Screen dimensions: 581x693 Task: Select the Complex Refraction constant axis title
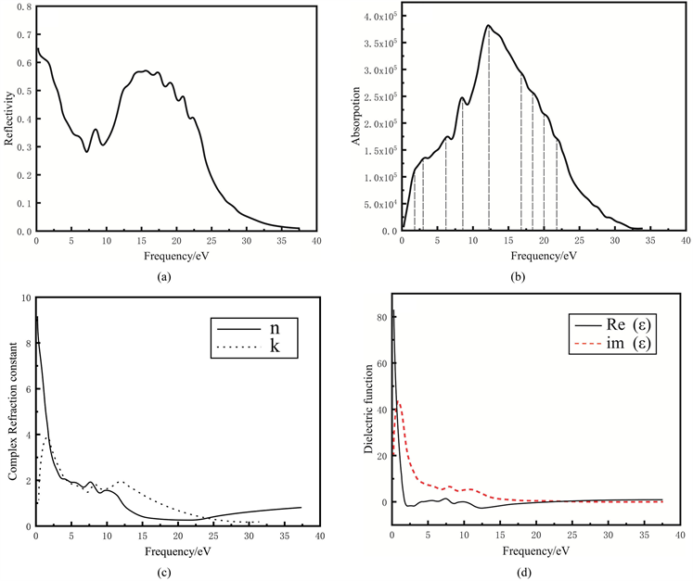11,413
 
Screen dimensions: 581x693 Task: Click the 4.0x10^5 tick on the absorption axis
377,17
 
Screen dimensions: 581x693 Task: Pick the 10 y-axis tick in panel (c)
26,298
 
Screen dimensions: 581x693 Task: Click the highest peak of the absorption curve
488,25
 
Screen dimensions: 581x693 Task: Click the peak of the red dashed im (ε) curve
399,401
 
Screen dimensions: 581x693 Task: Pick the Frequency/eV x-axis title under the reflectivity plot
174,253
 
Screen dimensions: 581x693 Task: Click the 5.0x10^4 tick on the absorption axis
377,204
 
